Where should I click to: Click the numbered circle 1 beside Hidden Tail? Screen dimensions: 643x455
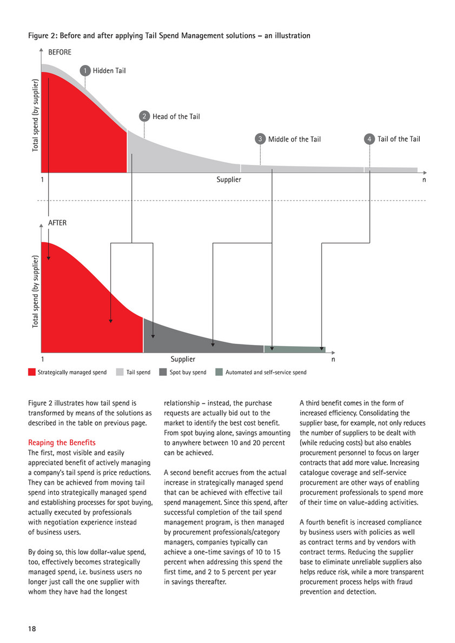click(85, 70)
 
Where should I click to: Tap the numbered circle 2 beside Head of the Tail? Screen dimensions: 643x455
click(144, 116)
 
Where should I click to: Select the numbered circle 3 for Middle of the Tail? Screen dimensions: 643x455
click(260, 139)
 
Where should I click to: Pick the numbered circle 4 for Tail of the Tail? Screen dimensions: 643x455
click(370, 139)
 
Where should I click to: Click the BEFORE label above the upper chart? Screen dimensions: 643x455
click(60, 52)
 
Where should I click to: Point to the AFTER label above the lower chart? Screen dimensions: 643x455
click(57, 223)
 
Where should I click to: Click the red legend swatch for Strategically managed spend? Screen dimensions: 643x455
click(31, 372)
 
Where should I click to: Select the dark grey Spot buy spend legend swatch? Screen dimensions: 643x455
click(163, 372)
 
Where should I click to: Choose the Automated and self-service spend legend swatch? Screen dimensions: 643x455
click(219, 372)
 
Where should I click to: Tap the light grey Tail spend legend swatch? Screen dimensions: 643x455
click(120, 372)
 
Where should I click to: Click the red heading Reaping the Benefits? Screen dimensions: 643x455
click(62, 443)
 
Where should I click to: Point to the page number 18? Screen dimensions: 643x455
click(32, 629)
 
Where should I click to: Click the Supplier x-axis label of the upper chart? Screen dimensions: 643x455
click(229, 180)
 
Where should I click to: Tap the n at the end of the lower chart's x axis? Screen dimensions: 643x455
click(333, 359)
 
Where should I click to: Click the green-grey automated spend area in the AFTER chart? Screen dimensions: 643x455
click(295, 349)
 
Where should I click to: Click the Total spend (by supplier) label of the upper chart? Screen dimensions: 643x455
click(35, 115)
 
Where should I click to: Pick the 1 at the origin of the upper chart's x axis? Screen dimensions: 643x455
click(42, 180)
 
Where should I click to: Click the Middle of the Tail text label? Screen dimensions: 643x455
click(294, 139)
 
